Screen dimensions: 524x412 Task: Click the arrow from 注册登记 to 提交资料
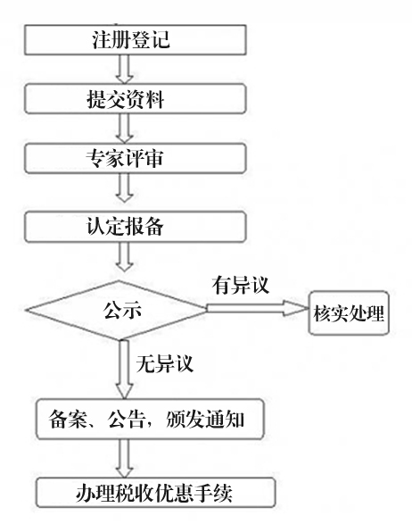click(x=125, y=69)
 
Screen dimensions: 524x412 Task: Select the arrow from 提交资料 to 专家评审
click(x=125, y=128)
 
